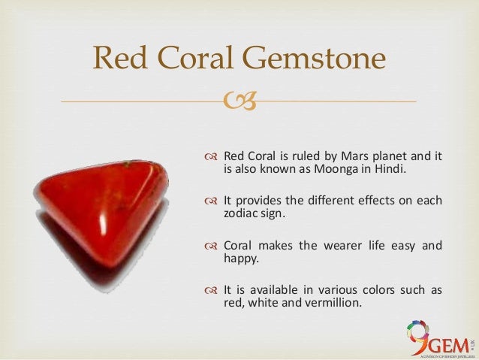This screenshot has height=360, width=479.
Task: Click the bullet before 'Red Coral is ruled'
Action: pyautogui.click(x=211, y=156)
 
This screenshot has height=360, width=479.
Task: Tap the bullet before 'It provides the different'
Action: pyautogui.click(x=211, y=200)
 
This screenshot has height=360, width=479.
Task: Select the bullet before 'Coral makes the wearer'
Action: pyautogui.click(x=211, y=244)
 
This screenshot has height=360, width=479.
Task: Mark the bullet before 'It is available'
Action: pyautogui.click(x=211, y=289)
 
